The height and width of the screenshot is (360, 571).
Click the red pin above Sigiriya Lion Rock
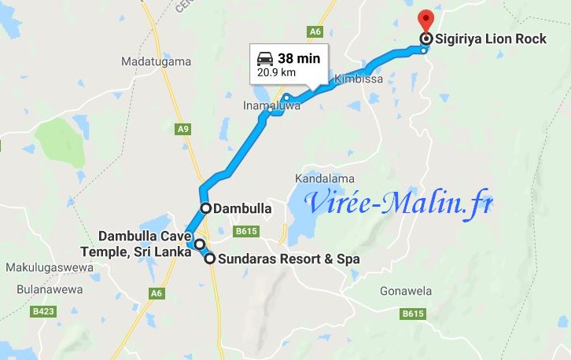tap(426, 18)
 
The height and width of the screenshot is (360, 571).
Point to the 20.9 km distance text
tap(278, 73)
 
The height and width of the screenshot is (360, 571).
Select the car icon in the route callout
tap(265, 58)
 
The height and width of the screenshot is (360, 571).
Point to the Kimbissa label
tap(359, 79)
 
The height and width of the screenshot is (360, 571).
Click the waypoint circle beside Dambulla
tap(205, 208)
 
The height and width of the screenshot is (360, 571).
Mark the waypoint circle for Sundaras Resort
tap(210, 258)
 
